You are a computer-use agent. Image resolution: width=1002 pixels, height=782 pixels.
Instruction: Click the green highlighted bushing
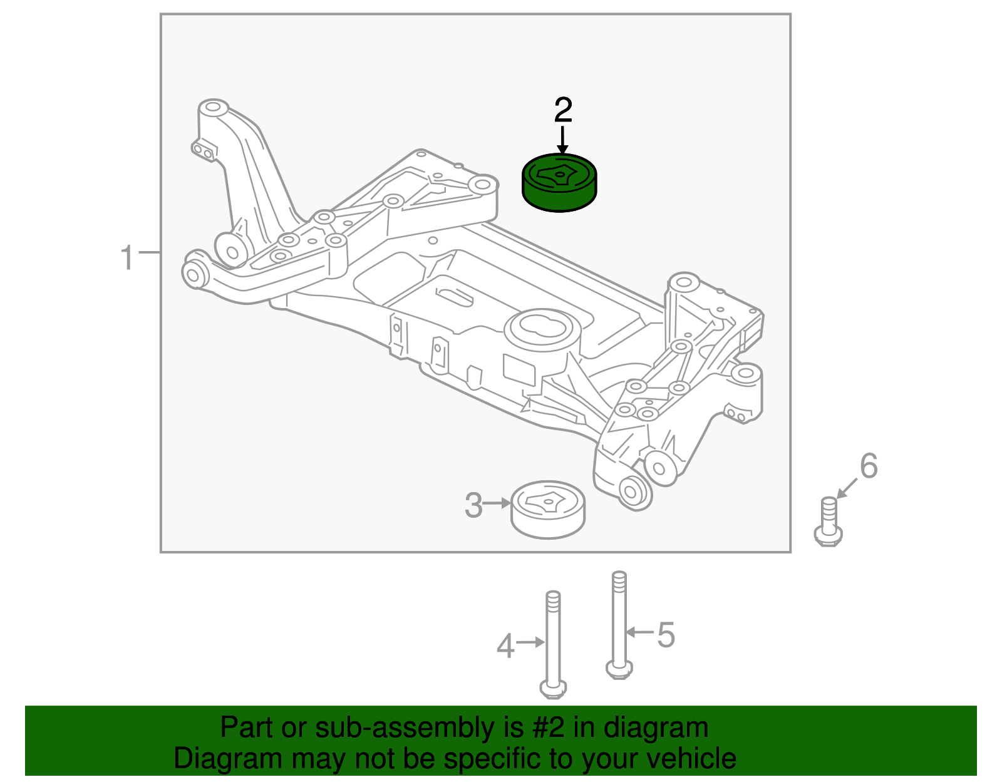point(559,183)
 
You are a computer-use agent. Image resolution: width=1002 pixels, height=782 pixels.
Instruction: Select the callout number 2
point(563,110)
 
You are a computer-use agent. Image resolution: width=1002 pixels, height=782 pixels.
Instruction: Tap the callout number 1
point(127,257)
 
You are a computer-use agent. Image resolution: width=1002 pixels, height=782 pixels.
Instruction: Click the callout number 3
point(473,505)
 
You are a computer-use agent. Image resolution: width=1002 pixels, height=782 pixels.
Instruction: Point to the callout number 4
point(505,646)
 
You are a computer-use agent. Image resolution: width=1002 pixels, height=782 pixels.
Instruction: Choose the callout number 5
point(666,635)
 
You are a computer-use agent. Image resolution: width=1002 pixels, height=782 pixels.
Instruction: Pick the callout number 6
point(869,466)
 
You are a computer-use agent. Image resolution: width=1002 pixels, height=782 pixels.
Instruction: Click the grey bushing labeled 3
point(549,510)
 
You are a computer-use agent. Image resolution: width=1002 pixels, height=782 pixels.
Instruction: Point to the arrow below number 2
point(562,140)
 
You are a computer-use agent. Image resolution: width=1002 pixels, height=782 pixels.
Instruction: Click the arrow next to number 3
point(498,503)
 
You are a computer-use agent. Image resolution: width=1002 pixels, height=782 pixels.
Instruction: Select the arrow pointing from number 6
point(847,488)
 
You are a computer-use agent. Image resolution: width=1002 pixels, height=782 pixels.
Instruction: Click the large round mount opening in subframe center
point(539,326)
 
